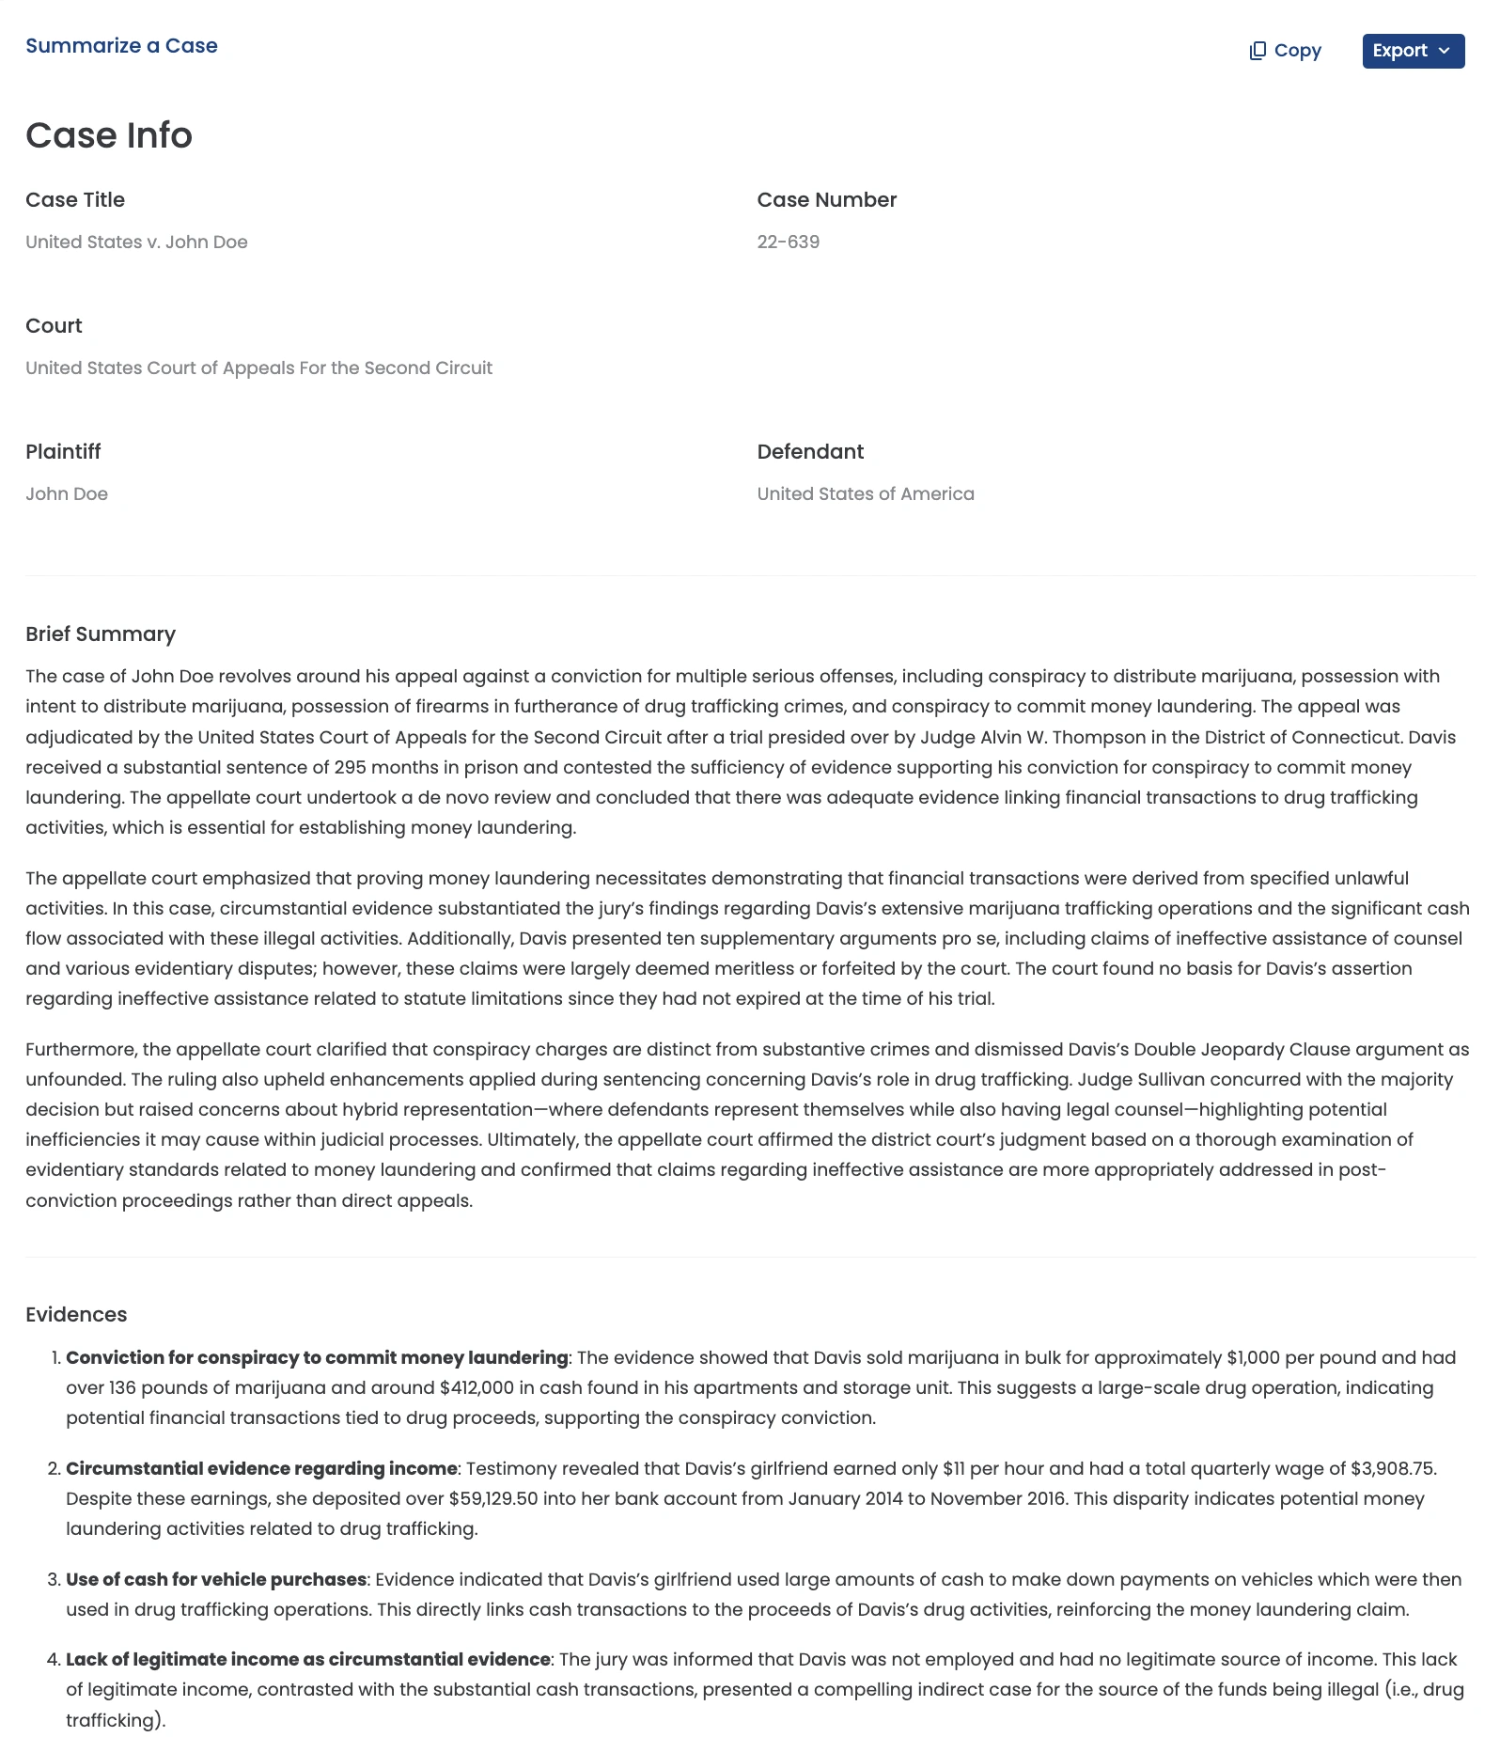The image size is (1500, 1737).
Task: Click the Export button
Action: click(1413, 51)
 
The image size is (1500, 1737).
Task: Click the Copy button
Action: click(1285, 51)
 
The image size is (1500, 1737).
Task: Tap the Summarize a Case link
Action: click(121, 46)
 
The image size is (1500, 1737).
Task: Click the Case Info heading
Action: click(109, 135)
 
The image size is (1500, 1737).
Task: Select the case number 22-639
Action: click(788, 242)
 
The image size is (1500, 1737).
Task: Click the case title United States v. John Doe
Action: click(136, 242)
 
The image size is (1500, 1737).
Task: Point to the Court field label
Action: click(54, 326)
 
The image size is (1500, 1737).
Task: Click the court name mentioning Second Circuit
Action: click(258, 368)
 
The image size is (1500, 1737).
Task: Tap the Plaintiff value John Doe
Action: click(67, 493)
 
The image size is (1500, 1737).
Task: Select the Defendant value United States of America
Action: click(866, 493)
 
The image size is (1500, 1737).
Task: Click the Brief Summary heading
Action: click(101, 634)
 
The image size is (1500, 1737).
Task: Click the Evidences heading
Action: click(76, 1315)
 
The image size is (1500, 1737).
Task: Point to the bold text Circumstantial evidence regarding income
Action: click(261, 1468)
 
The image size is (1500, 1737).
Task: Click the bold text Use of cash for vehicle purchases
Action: click(216, 1579)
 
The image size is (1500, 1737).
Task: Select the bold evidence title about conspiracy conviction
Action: click(317, 1357)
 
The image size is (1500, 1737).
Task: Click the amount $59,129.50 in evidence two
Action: click(493, 1498)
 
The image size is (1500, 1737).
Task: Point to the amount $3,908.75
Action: click(1393, 1468)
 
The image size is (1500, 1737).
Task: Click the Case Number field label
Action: click(826, 200)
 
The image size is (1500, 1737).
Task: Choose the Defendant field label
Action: click(810, 452)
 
